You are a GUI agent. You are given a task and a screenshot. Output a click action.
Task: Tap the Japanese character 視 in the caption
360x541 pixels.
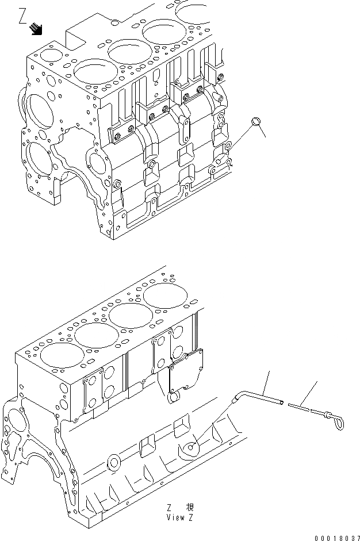tap(190, 507)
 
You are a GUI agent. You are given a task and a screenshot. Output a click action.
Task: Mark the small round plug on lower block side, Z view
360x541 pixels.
tap(113, 462)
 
